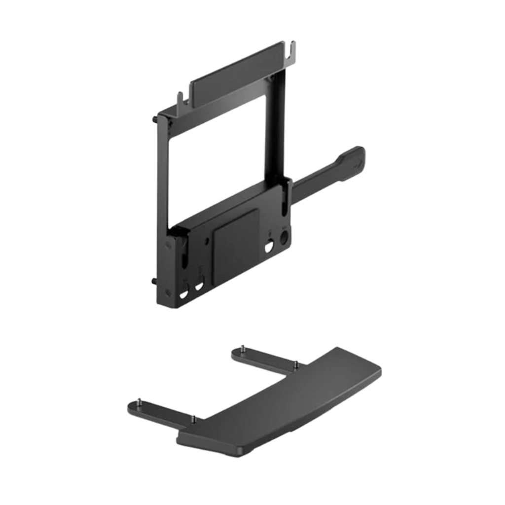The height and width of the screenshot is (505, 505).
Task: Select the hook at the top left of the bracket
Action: (179, 97)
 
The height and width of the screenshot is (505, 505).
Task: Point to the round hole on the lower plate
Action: (285, 237)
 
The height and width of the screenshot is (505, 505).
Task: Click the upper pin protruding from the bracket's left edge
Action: (155, 119)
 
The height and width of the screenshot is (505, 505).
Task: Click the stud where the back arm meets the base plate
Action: (295, 363)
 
